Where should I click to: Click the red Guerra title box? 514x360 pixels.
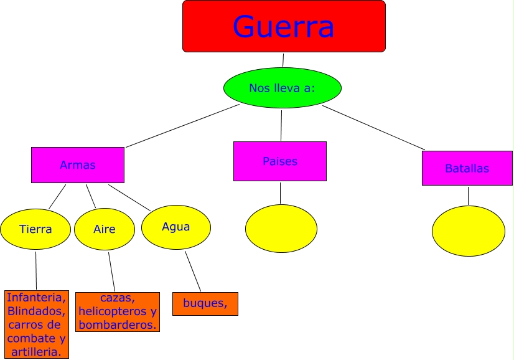pyautogui.click(x=284, y=26)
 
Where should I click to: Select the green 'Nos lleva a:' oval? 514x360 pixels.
pyautogui.click(x=282, y=88)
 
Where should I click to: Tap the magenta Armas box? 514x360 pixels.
pyautogui.click(x=78, y=165)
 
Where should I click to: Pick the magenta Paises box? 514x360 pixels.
pyautogui.click(x=280, y=161)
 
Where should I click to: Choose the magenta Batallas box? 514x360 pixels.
pyautogui.click(x=467, y=168)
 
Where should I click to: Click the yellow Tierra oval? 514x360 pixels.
pyautogui.click(x=35, y=229)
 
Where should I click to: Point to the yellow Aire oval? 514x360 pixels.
pyautogui.click(x=105, y=229)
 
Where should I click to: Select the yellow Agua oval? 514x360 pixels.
pyautogui.click(x=176, y=227)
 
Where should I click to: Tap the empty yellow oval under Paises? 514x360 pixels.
pyautogui.click(x=281, y=229)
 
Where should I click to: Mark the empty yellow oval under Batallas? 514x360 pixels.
pyautogui.click(x=469, y=230)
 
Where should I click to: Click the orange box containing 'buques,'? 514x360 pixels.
pyautogui.click(x=205, y=303)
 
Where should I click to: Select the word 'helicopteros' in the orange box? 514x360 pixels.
pyautogui.click(x=110, y=311)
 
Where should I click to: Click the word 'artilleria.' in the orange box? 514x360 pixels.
pyautogui.click(x=37, y=352)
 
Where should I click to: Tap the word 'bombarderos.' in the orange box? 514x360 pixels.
pyautogui.click(x=118, y=324)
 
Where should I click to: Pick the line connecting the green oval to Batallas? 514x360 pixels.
pyautogui.click(x=373, y=128)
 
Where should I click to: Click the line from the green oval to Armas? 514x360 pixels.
pyautogui.click(x=182, y=126)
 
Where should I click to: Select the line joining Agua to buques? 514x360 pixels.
pyautogui.click(x=193, y=271)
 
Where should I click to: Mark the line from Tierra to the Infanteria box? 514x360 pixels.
pyautogui.click(x=36, y=270)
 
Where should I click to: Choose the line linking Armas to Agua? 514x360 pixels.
pyautogui.click(x=129, y=197)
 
